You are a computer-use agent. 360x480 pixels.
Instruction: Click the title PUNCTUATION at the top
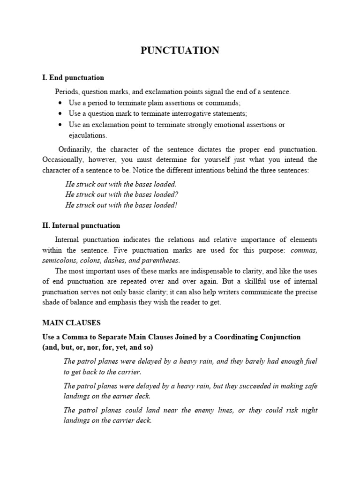coord(180,51)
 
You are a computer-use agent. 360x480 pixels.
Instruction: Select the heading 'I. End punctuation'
coord(73,77)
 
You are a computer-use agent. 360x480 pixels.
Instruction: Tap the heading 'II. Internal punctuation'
coord(81,225)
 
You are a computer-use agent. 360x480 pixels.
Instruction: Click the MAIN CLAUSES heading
coord(71,323)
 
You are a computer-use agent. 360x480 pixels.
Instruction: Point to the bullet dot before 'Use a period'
coord(61,103)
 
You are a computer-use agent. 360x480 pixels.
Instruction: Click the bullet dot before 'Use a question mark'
coord(61,114)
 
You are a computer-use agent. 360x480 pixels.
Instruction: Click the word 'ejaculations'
coord(88,135)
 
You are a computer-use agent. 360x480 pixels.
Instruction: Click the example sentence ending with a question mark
coord(122,195)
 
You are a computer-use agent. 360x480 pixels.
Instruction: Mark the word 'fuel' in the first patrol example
coord(309,361)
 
